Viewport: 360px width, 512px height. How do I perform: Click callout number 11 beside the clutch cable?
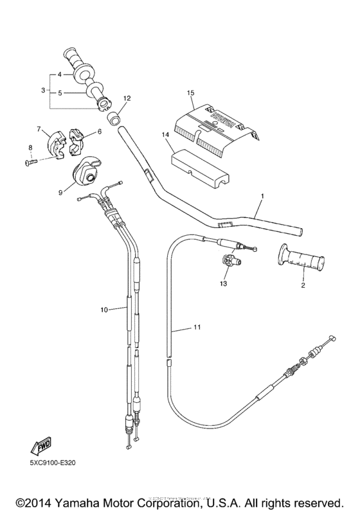click(198, 328)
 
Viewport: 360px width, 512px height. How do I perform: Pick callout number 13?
click(224, 283)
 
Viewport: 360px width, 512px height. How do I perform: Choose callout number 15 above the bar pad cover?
click(190, 93)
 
